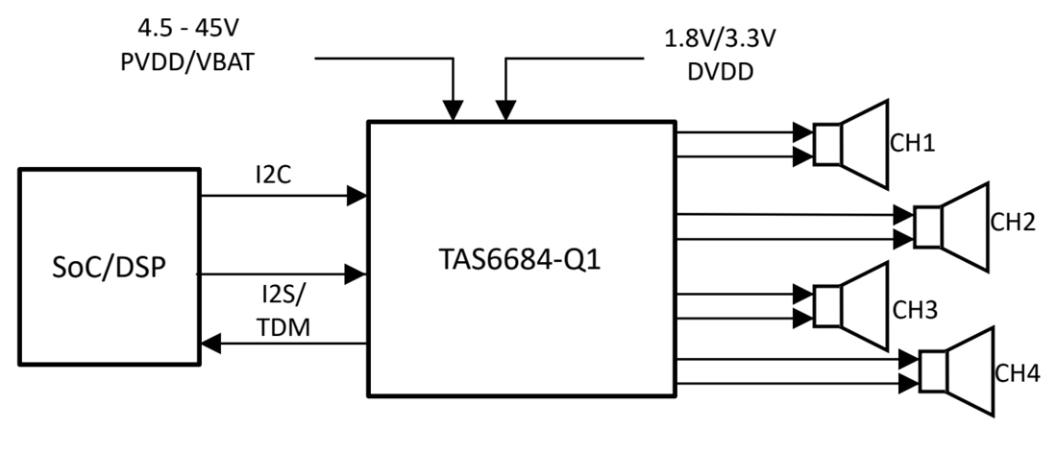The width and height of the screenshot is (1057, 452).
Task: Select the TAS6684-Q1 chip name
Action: coord(520,259)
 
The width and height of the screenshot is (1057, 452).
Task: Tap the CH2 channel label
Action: coord(1013,223)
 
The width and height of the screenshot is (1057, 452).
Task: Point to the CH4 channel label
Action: coord(1017,373)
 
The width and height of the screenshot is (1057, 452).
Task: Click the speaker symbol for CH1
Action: coord(850,144)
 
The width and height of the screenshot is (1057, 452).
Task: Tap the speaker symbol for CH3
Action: coord(850,305)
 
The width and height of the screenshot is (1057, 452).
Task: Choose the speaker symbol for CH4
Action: coord(956,371)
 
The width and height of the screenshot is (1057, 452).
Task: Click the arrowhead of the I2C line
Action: coord(357,196)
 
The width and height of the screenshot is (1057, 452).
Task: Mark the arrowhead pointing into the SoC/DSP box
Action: coord(209,343)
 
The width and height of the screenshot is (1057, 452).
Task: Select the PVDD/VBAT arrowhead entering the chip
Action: coord(452,111)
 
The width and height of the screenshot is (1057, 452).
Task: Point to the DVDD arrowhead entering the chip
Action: coord(504,111)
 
